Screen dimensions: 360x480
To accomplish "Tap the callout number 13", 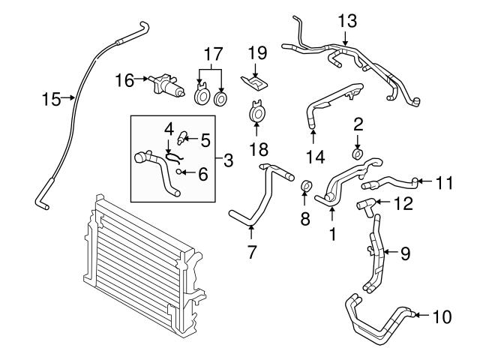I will pyautogui.click(x=347, y=20).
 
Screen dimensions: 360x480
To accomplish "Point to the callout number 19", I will pyautogui.click(x=258, y=53).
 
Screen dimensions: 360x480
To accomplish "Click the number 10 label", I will pyautogui.click(x=442, y=316).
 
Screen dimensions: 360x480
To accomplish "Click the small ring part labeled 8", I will pyautogui.click(x=306, y=185).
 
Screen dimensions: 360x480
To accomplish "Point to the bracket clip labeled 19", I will pyautogui.click(x=254, y=79).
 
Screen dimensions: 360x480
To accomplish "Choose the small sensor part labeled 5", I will pyautogui.click(x=181, y=138).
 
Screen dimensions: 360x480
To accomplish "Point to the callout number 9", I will pyautogui.click(x=404, y=254).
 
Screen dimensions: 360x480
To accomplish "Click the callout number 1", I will pyautogui.click(x=331, y=233).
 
